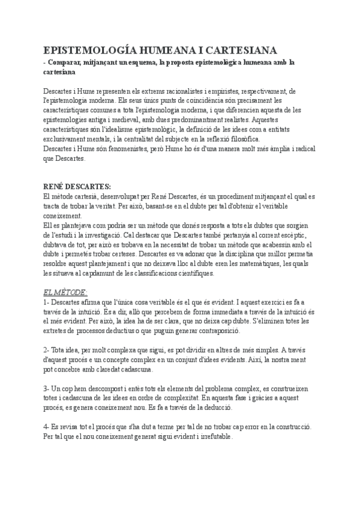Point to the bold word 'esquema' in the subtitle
tap(158, 62)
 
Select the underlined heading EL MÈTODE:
tap(65, 292)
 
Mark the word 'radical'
tap(301, 149)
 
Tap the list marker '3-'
tap(47, 390)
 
